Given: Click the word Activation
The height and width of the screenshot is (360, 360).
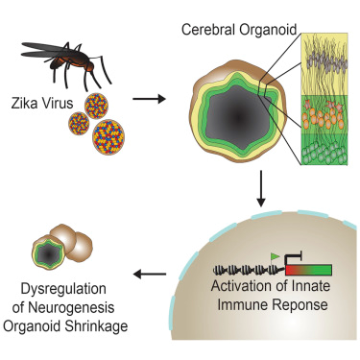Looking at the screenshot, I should pos(230,292).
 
